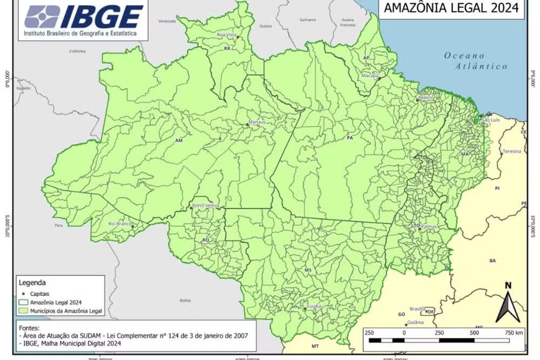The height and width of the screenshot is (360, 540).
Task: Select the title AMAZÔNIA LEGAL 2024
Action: pyautogui.click(x=451, y=8)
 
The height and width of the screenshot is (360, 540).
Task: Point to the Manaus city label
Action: pyautogui.click(x=257, y=122)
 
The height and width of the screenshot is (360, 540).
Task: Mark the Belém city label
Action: pyautogui.click(x=426, y=98)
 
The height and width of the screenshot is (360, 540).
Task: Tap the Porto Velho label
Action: pyautogui.click(x=204, y=206)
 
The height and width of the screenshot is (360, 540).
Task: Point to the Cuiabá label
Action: pyautogui.click(x=314, y=306)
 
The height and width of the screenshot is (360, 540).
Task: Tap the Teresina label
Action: pyautogui.click(x=511, y=152)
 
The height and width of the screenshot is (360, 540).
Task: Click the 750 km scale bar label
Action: pyautogui.click(x=514, y=333)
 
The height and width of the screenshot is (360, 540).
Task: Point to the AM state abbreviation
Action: pyautogui.click(x=179, y=140)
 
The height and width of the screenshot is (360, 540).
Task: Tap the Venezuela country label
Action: pyautogui.click(x=167, y=21)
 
